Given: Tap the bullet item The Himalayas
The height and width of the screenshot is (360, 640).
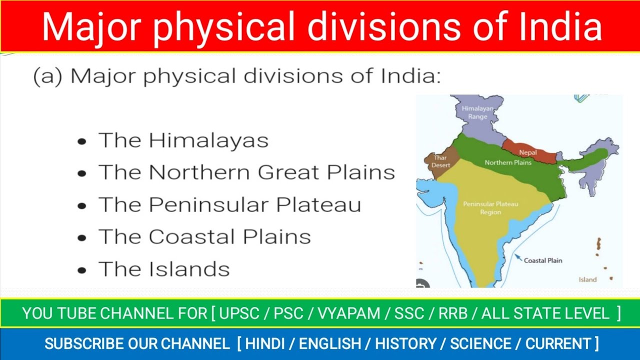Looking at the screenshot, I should [183, 140].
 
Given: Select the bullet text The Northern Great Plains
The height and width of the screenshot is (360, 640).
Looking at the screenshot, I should [246, 172].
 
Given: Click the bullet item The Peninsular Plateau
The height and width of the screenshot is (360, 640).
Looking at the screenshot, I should [229, 204].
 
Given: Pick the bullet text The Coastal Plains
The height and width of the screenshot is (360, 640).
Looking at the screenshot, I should [204, 236].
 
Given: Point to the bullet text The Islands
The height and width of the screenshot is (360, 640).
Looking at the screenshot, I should [164, 269].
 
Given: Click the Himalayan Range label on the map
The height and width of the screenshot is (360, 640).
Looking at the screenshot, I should [477, 112].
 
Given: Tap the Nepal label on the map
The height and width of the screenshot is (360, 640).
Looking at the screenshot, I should [528, 152].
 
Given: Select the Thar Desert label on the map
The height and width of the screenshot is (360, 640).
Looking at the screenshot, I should [440, 161].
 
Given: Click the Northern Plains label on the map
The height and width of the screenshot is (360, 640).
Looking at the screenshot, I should [507, 162].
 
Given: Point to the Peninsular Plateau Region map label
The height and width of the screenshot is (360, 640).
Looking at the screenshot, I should [490, 208].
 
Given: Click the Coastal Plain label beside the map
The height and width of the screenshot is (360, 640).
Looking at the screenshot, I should [542, 260].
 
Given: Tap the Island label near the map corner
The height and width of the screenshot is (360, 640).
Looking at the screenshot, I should [587, 279].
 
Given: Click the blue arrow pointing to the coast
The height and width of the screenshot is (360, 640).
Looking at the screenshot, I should [518, 258].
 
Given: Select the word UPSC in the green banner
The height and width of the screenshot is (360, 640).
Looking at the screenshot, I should [239, 313].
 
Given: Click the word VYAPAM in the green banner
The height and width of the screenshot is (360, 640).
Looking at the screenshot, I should [340, 313].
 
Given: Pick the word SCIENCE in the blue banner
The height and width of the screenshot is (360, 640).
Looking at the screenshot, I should [480, 344].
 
